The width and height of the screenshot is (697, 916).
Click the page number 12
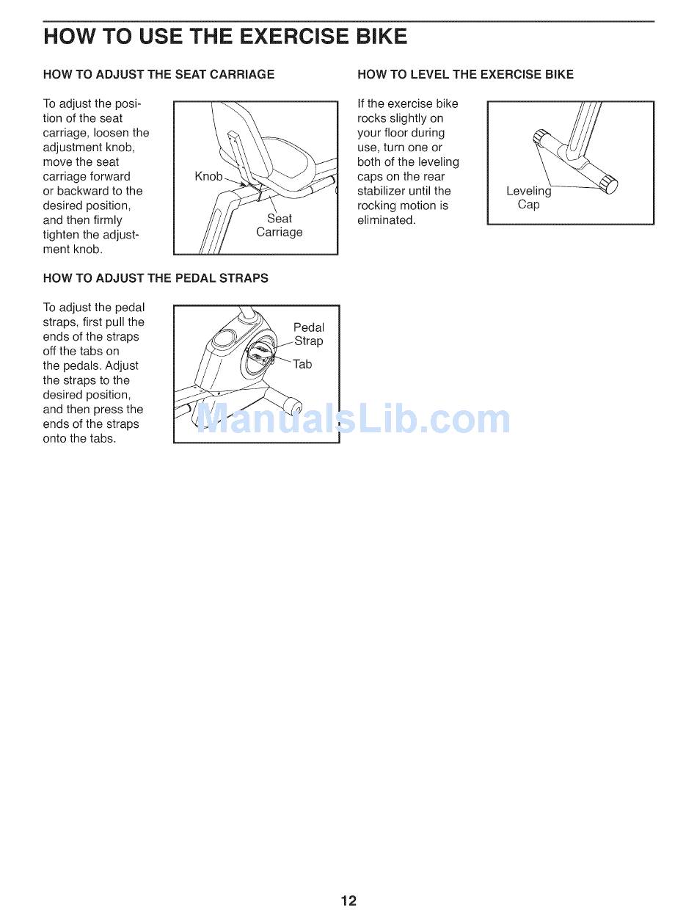coord(348,901)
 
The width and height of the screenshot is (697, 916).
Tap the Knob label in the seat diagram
coord(208,177)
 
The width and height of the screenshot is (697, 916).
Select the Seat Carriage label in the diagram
coord(279,225)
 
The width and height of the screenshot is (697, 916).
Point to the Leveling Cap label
coord(528,197)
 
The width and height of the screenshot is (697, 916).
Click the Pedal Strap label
coord(309,334)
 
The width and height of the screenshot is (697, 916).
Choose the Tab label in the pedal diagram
coord(302,364)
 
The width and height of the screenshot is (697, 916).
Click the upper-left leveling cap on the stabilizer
coord(541,137)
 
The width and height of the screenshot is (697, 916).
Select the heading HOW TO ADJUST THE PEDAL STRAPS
coord(156,278)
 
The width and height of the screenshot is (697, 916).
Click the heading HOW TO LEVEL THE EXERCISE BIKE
coord(465,74)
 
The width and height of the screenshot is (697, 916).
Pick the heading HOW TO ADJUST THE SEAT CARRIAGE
coord(158,74)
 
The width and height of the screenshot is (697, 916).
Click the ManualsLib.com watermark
coord(354,418)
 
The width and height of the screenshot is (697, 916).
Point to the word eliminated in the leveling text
coord(386,220)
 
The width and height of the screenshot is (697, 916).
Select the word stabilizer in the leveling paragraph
coord(380,191)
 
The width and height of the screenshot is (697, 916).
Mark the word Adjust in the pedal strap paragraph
coord(121,366)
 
